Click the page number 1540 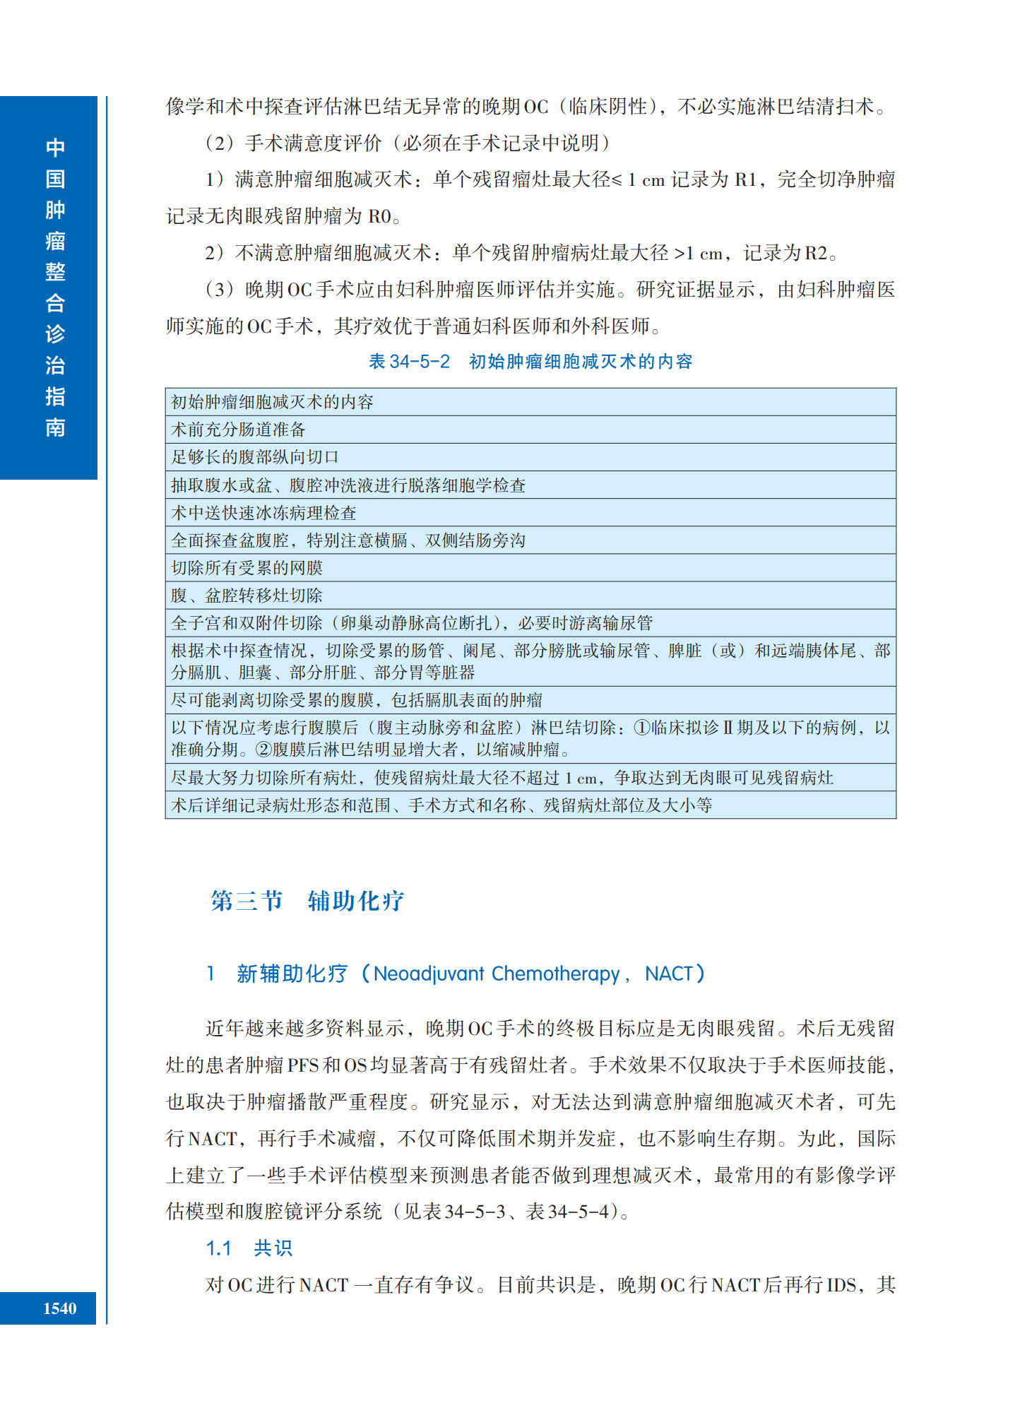(59, 1308)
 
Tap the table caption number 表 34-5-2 (409, 362)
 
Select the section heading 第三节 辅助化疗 (307, 901)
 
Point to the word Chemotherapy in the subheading (555, 974)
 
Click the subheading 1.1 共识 (249, 1248)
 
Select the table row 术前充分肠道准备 (239, 430)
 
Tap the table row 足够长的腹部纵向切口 (255, 457)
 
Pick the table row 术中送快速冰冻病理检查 (263, 513)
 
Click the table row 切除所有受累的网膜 (247, 568)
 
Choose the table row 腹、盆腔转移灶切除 (247, 596)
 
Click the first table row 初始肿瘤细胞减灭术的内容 (272, 402)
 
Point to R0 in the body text (380, 216)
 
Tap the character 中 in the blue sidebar (55, 148)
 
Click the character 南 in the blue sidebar (55, 427)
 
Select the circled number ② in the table (263, 749)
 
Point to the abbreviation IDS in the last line (841, 1285)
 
